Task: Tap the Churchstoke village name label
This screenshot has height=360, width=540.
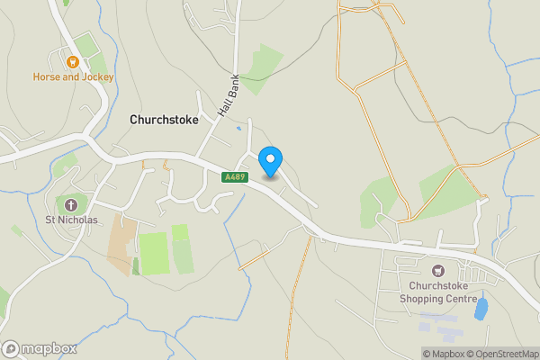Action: click(x=166, y=119)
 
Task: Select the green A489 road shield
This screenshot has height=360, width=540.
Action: click(x=235, y=177)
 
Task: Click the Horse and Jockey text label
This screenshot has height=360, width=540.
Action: click(x=74, y=77)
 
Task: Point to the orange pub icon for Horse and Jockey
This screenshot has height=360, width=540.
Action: click(x=73, y=62)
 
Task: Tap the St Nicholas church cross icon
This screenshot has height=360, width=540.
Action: click(x=72, y=203)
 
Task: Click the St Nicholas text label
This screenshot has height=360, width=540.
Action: click(x=72, y=219)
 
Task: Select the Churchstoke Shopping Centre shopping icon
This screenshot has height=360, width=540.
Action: click(x=439, y=270)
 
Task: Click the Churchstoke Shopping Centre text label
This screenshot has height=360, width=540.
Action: click(x=440, y=292)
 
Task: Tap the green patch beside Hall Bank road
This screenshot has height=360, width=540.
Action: click(x=261, y=67)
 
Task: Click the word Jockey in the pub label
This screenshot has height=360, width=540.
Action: click(x=97, y=77)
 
